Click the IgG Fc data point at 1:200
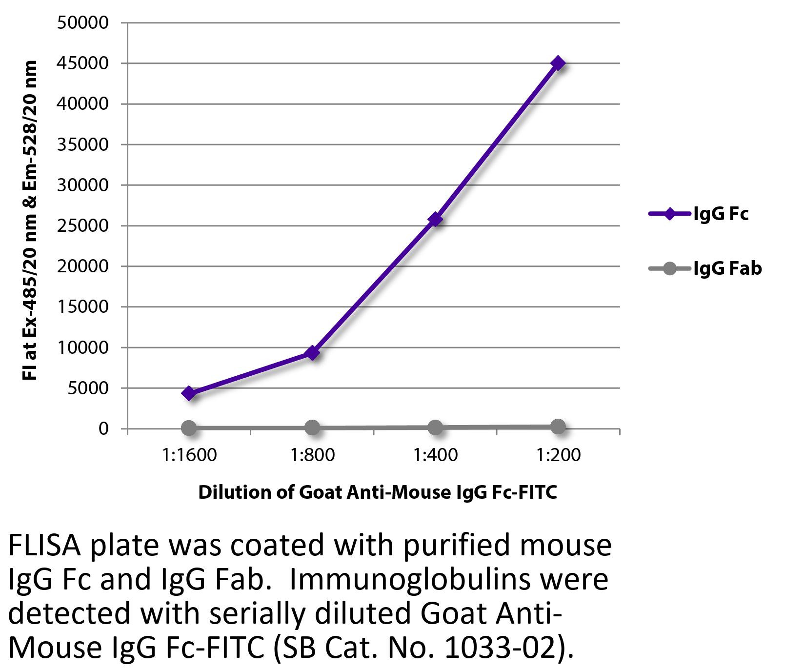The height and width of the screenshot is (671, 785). tap(558, 63)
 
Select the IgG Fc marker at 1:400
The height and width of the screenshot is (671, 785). tap(435, 219)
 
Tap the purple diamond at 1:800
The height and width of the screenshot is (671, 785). tap(312, 353)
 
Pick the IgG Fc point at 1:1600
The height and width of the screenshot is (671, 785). tap(189, 393)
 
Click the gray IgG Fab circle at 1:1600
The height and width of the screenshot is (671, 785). tap(189, 428)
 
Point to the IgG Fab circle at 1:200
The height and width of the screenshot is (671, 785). tap(558, 427)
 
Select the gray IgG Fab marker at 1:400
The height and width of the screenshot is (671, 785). tap(435, 427)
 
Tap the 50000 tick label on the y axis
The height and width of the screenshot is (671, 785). tap(82, 23)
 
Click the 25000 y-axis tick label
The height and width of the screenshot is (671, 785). tap(82, 226)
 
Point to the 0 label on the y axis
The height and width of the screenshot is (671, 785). tap(103, 429)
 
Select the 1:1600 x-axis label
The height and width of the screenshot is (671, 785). tap(189, 455)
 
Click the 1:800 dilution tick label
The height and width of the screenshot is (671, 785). tap(312, 455)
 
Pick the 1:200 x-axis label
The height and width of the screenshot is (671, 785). tap(558, 455)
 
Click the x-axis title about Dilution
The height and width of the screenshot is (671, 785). tap(377, 492)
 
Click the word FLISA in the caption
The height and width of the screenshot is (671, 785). tap(44, 546)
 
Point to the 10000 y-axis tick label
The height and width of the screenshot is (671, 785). tap(82, 348)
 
